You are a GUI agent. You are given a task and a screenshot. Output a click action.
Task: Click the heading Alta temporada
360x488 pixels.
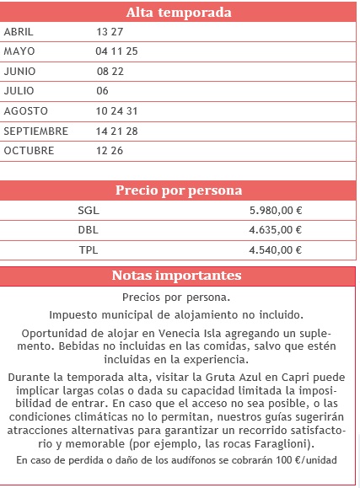tap(179, 12)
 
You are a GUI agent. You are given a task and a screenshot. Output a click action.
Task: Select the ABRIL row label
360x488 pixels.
tap(19, 32)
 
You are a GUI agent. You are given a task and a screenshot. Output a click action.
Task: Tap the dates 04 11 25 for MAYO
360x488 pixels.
tap(117, 51)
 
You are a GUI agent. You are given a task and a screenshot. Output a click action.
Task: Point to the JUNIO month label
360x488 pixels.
tap(20, 72)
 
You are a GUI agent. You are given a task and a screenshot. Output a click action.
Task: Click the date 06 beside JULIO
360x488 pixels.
tap(103, 91)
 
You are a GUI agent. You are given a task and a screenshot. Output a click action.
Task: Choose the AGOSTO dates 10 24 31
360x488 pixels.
tap(117, 111)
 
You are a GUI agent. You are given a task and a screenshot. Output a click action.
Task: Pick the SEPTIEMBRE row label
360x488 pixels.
tap(35, 131)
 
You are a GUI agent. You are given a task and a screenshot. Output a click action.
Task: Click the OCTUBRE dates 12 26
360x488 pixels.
tap(110, 151)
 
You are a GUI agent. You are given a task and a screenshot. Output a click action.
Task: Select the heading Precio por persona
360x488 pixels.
tap(179, 190)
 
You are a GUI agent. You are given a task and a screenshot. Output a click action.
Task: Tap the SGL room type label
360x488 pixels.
tap(88, 209)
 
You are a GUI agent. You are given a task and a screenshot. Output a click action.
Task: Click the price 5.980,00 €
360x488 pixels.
tap(276, 209)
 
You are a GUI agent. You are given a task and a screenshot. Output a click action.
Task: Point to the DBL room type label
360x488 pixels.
tap(88, 229)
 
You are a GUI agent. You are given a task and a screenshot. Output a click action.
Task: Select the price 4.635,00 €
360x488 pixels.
tap(276, 229)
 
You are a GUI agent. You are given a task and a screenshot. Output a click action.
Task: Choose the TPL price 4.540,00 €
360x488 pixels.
tap(276, 249)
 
